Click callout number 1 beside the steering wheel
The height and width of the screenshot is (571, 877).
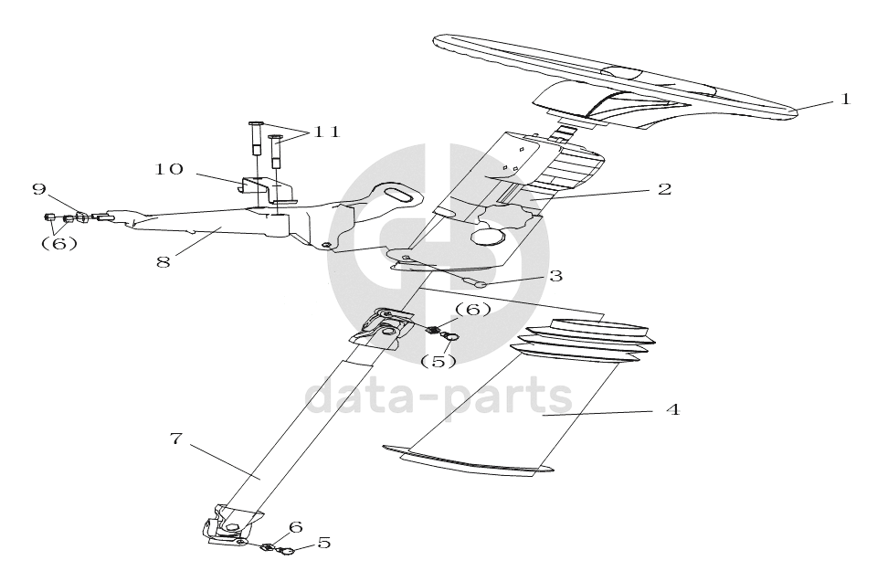845,99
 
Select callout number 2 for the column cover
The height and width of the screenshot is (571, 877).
664,189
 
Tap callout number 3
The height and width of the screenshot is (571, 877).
555,276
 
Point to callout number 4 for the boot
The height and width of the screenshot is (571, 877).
673,409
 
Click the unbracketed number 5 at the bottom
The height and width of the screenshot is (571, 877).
323,543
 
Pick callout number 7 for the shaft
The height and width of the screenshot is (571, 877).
176,439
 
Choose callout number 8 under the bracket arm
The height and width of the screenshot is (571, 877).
164,261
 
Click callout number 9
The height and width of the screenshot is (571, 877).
38,189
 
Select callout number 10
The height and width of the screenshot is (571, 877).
169,169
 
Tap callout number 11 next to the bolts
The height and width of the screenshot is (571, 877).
326,132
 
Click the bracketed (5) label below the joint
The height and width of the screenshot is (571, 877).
438,361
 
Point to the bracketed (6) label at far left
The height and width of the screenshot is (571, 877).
59,243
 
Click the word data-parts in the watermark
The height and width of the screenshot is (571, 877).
438,397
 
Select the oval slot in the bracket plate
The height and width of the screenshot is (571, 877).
400,195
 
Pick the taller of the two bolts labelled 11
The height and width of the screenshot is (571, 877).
256,140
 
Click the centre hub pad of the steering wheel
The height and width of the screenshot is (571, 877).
620,73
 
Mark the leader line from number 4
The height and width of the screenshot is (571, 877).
597,413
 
